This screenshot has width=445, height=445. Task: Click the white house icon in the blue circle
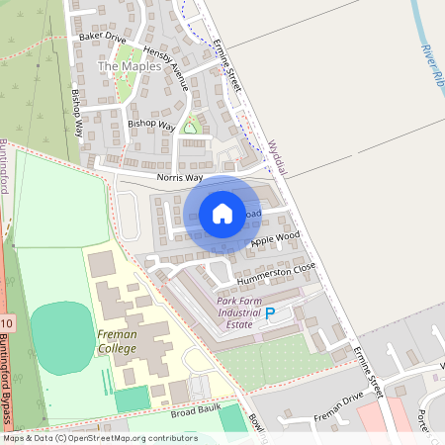coord(222,213)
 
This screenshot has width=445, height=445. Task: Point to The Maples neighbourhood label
coord(135,66)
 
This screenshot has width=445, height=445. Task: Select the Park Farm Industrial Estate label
coord(246,313)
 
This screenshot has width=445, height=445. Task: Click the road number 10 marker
coord(8,323)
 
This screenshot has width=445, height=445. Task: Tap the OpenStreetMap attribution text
coord(99,438)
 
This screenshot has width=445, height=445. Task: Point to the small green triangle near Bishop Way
coord(191,126)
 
